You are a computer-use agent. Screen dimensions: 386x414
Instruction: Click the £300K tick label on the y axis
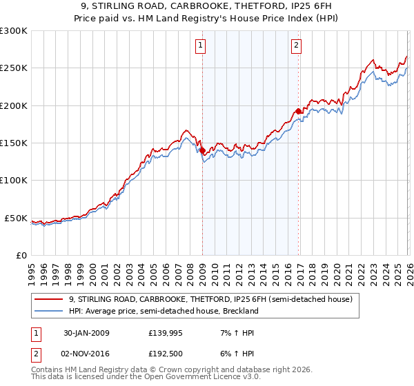point(14,31)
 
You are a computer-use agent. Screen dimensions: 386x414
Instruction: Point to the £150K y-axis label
point(14,143)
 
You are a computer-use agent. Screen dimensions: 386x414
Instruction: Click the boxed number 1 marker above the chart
point(200,46)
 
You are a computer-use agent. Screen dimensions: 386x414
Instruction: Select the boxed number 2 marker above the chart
point(296,46)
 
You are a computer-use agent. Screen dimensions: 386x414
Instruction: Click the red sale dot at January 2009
point(202,150)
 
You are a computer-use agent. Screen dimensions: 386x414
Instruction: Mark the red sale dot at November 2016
point(298,111)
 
